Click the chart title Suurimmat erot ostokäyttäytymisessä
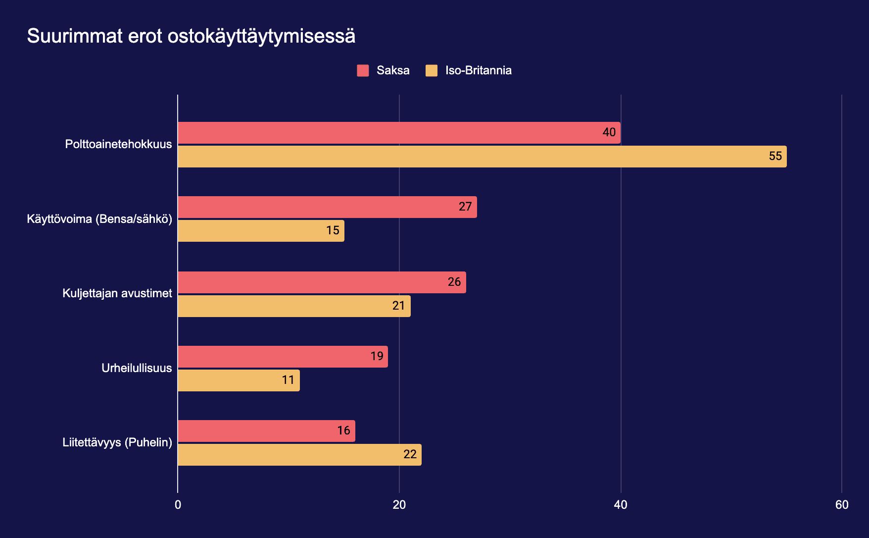[191, 36]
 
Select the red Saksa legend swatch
[363, 70]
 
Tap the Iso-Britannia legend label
[478, 70]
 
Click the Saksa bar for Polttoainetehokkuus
[399, 133]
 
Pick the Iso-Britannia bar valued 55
[482, 157]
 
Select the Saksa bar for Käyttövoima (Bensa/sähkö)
[327, 207]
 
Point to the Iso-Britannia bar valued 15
[261, 231]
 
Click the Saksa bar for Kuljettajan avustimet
[322, 282]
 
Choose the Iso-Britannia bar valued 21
[294, 306]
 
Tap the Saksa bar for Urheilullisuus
[283, 357]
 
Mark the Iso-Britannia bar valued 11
[239, 380]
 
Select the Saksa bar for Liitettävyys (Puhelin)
[266, 431]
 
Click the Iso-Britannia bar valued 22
[299, 455]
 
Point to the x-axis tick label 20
[399, 505]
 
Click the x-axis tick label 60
[842, 505]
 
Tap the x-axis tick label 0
[178, 505]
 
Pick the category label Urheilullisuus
[137, 368]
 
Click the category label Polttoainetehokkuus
[118, 145]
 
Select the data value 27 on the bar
[465, 207]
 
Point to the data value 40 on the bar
[609, 132]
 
